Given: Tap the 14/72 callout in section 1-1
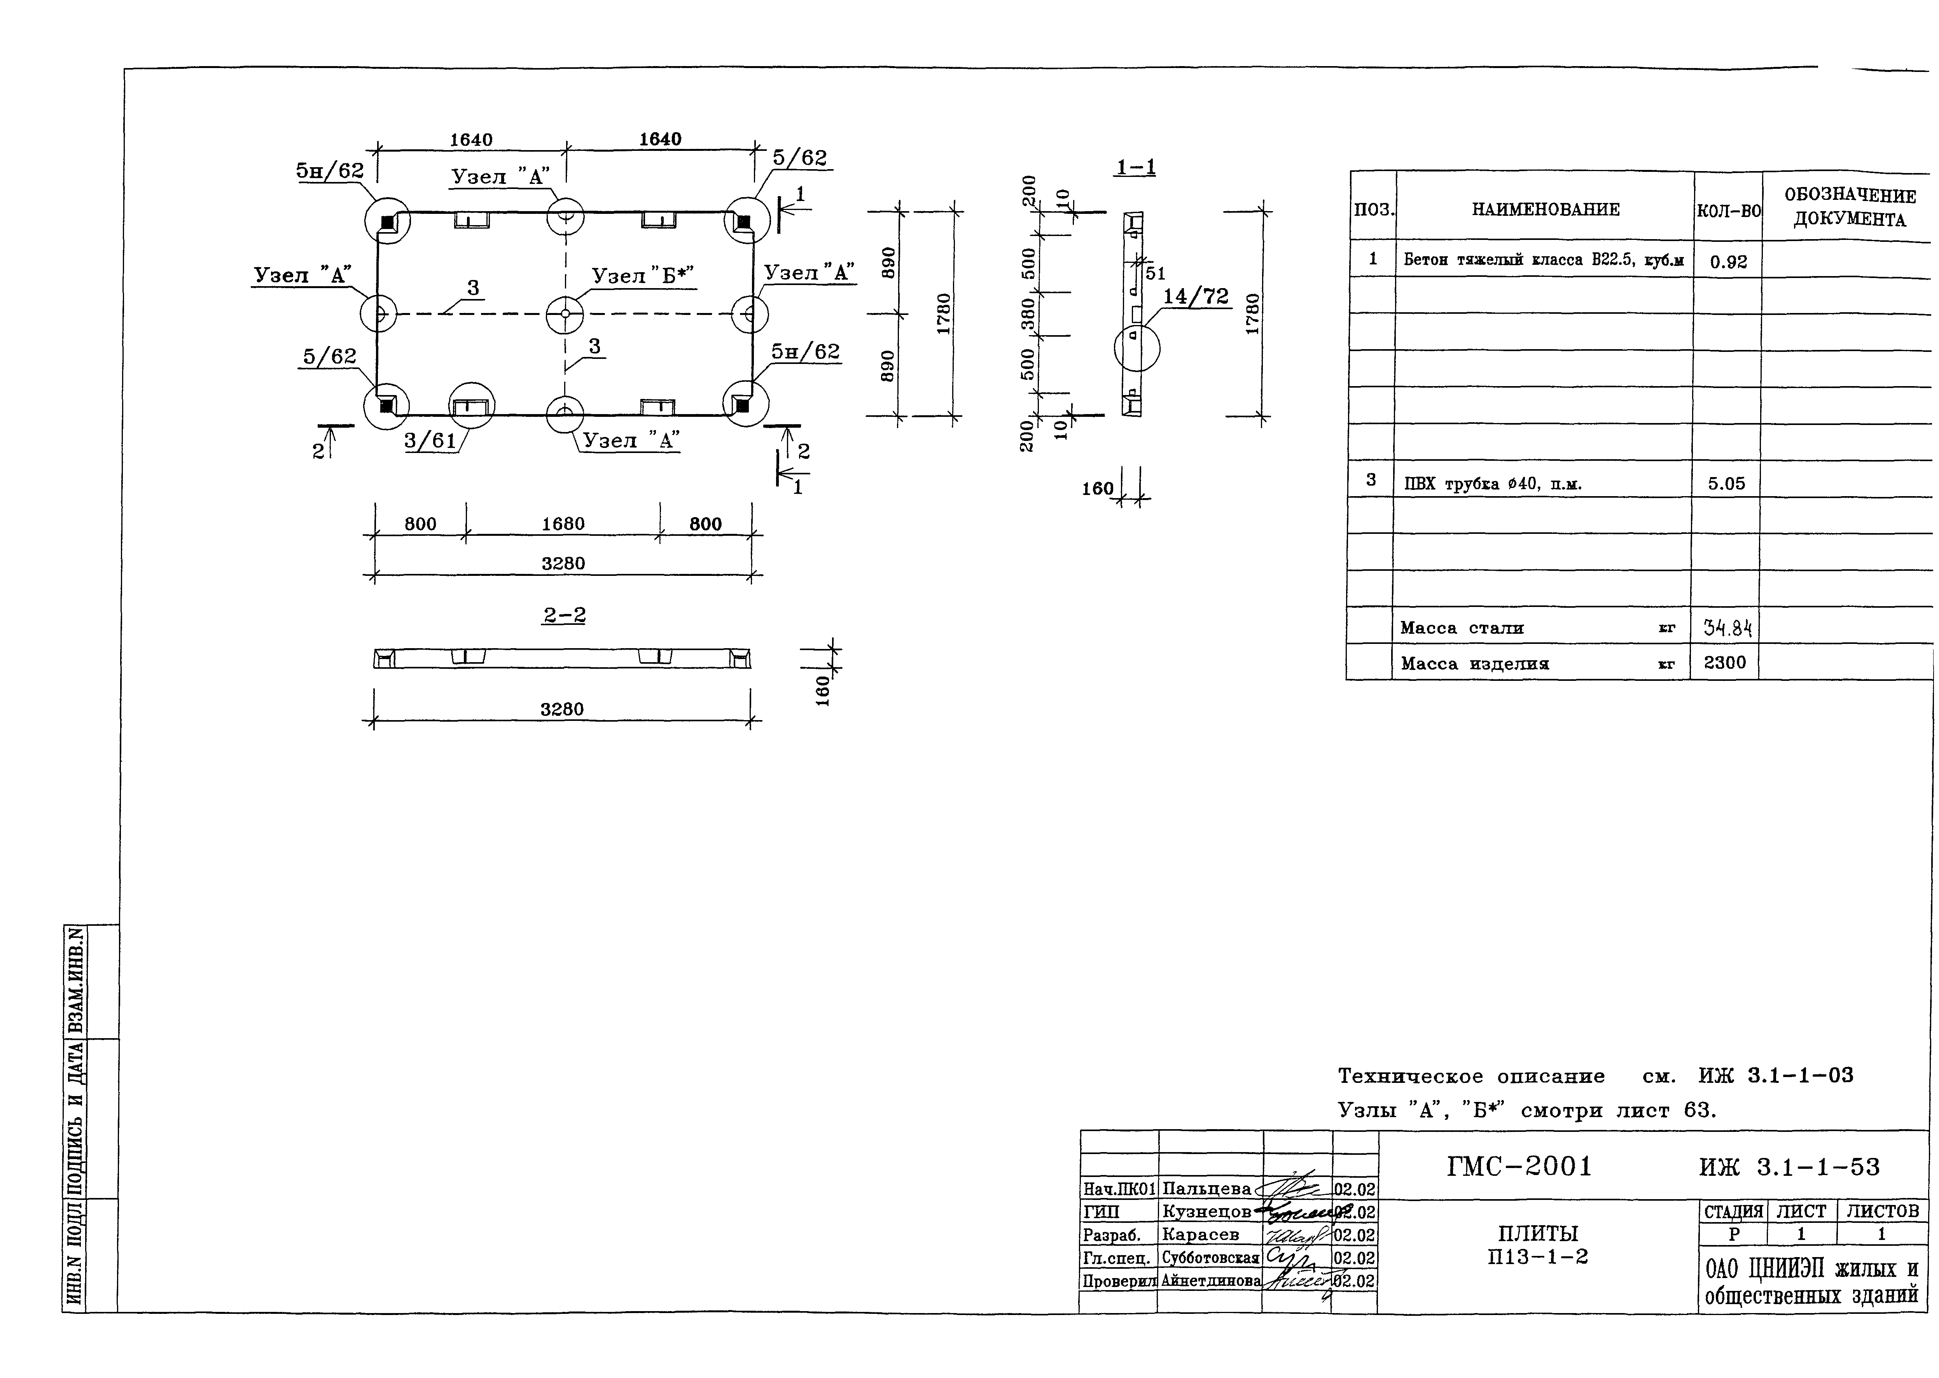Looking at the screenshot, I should pos(1196,296).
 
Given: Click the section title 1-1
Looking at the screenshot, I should pos(1135,167).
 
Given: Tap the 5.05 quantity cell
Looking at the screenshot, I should pos(1726,484).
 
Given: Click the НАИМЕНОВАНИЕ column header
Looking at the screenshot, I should pos(1545,209).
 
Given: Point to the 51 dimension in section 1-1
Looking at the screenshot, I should pos(1155,273).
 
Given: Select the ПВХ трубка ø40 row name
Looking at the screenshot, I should pos(1492,484).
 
